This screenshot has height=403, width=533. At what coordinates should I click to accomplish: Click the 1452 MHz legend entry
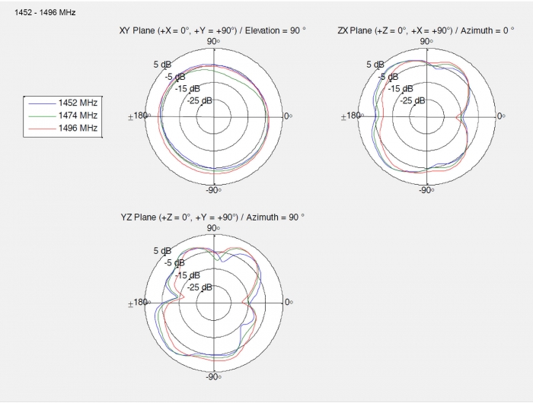coord(63,103)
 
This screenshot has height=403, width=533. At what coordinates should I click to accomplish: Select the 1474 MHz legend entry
coord(63,116)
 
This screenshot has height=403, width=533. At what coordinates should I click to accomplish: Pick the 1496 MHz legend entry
coord(63,128)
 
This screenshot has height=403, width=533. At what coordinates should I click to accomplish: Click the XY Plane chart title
coord(212,30)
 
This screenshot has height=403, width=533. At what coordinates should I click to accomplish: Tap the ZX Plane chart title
coord(426,30)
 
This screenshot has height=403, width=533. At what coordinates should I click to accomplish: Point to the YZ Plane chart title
coord(212,217)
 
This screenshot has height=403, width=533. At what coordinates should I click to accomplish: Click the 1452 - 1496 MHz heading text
coord(45,13)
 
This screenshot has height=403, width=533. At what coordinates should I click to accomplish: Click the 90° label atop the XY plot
coord(213,41)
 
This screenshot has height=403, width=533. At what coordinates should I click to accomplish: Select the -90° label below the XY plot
coord(213,190)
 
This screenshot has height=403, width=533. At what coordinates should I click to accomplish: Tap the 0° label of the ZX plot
coord(501,116)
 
